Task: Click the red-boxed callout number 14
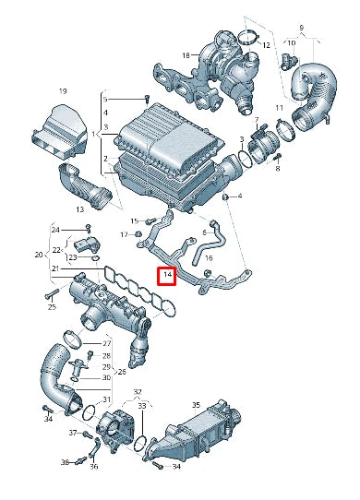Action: pos(167,276)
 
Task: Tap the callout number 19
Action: pos(64,91)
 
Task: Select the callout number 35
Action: pos(196,405)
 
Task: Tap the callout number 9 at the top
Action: pos(300,29)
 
